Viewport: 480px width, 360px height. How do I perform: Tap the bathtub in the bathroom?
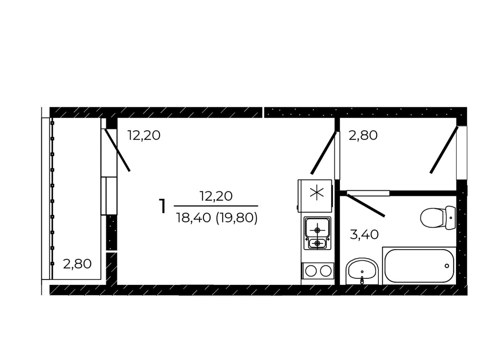pos(419,266)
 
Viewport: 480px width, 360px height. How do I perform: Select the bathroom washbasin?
pos(362,271)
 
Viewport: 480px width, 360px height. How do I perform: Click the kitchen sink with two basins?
pos(317,233)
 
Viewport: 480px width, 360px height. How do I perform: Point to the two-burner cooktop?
pos(318,271)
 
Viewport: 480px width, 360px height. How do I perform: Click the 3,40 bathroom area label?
pos(364,234)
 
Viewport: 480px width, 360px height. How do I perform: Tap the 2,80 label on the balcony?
pos(77,264)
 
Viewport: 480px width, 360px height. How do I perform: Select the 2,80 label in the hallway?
pos(363,135)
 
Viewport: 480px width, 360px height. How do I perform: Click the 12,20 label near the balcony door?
pos(144,135)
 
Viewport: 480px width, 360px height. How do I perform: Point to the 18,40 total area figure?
pos(193,218)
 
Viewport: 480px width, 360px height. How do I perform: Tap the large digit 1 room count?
pos(162,206)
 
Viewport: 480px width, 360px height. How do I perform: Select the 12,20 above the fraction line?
pos(216,196)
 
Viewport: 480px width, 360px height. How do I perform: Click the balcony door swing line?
pos(117,150)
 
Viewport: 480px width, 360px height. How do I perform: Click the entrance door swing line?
pos(444,150)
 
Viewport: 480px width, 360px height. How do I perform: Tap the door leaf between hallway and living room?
pos(324,153)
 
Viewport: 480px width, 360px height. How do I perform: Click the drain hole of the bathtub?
pos(447,266)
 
